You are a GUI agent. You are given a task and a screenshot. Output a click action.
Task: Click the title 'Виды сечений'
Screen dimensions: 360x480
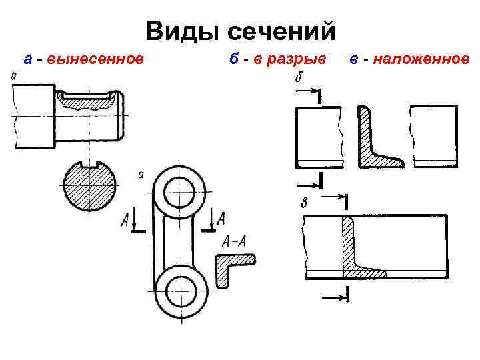pyautogui.click(x=239, y=31)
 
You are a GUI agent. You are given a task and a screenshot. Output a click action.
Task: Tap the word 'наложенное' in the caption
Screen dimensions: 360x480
pyautogui.click(x=421, y=59)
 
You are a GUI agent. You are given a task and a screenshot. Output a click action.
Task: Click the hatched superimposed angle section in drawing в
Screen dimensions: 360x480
pyautogui.click(x=353, y=253)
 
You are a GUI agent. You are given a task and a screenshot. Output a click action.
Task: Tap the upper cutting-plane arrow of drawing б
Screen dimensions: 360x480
pyautogui.click(x=308, y=93)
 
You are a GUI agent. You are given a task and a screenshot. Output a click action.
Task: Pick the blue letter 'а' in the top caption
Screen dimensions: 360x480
pyautogui.click(x=27, y=59)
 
